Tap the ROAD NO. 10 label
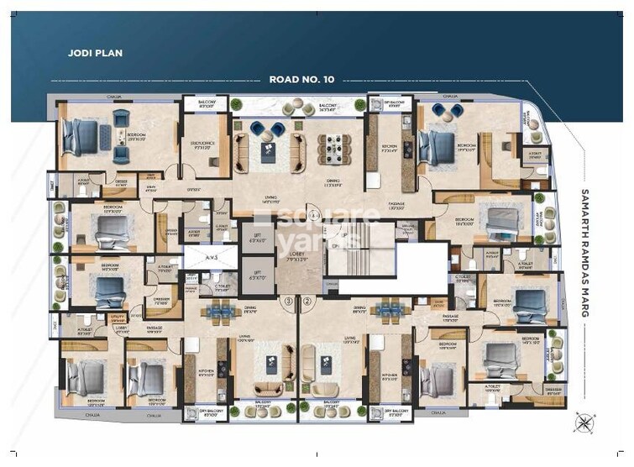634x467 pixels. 301,80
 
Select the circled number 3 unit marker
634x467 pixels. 288,300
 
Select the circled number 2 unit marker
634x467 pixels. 307,300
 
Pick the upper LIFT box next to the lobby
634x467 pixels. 257,239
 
